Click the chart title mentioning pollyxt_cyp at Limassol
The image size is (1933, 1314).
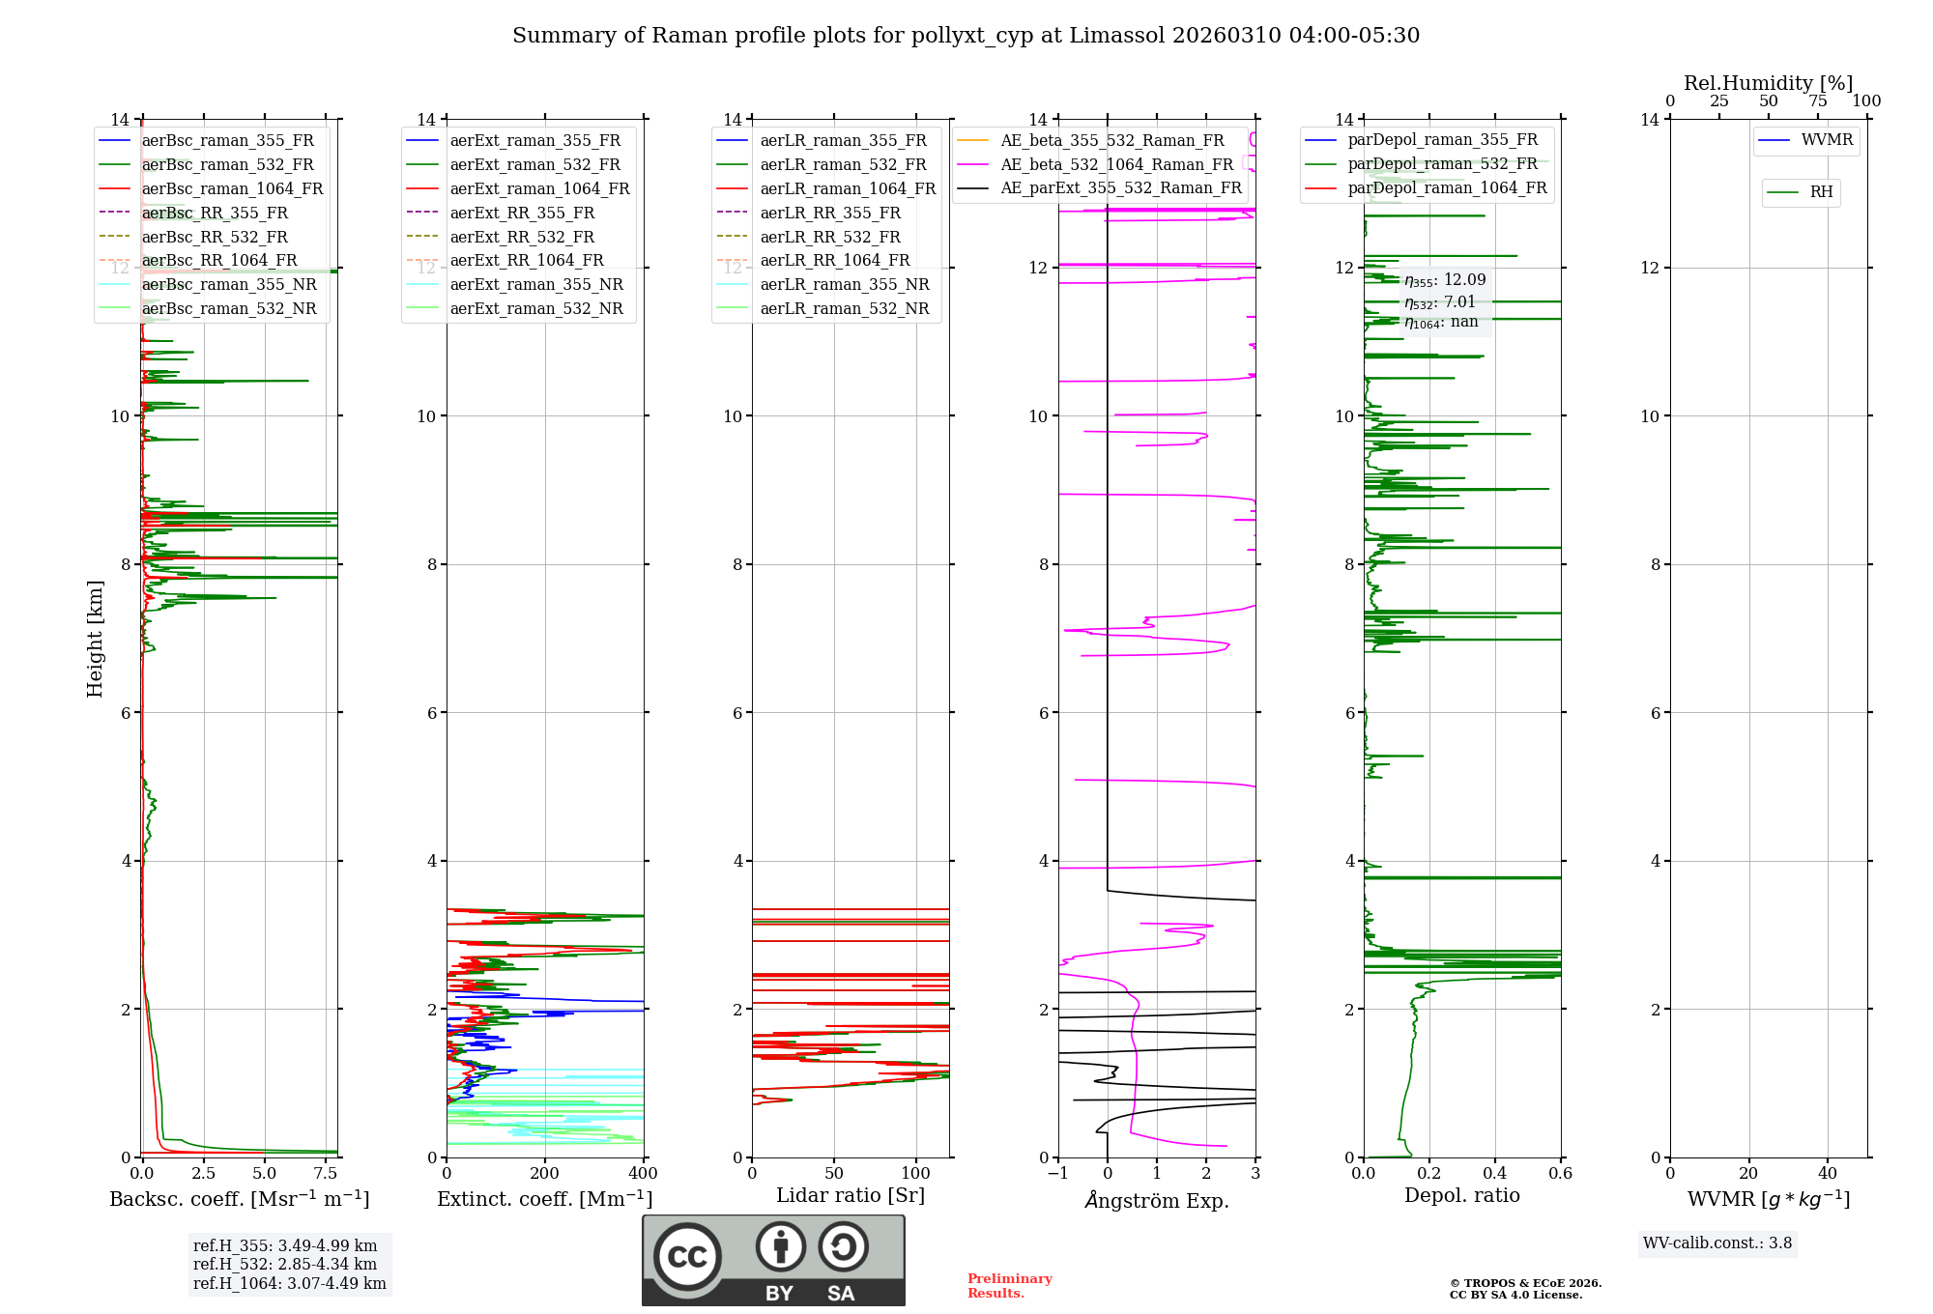(x=966, y=36)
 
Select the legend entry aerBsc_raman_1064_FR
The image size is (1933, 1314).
(x=232, y=189)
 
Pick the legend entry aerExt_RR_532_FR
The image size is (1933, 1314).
(x=522, y=237)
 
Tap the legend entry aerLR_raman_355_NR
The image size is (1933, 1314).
(x=844, y=285)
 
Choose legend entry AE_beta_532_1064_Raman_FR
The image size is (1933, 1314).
(x=1116, y=165)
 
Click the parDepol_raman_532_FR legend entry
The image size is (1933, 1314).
(x=1442, y=164)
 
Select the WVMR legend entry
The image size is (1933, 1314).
(x=1827, y=140)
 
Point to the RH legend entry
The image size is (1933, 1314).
(x=1821, y=192)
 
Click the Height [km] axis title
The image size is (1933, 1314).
(x=95, y=638)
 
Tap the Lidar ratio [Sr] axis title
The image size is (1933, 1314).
(x=851, y=1196)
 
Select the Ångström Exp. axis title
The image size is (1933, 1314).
(x=1157, y=1201)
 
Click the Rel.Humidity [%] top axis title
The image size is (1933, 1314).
(x=1768, y=83)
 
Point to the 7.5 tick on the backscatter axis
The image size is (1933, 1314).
(x=326, y=1174)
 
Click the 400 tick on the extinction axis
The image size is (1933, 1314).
(x=643, y=1174)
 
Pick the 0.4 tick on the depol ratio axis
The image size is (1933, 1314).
(x=1495, y=1174)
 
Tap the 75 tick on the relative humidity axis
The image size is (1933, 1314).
(x=1818, y=101)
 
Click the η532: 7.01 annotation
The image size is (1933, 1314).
(x=1440, y=302)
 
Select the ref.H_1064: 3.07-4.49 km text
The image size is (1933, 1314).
(x=289, y=1284)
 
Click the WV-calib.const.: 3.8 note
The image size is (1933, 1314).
(x=1717, y=1243)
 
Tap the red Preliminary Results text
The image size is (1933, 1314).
(x=1009, y=1286)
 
